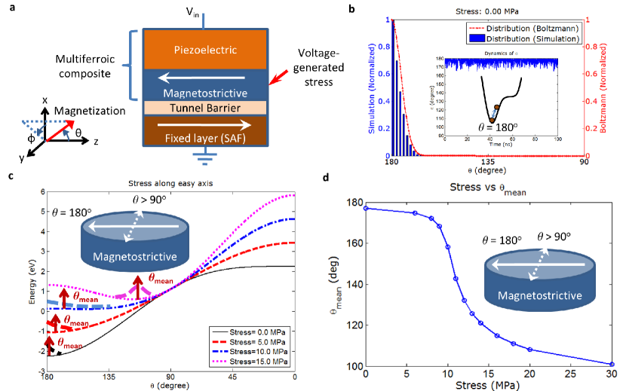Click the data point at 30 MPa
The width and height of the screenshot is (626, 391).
click(612, 364)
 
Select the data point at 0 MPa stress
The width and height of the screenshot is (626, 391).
click(366, 208)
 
